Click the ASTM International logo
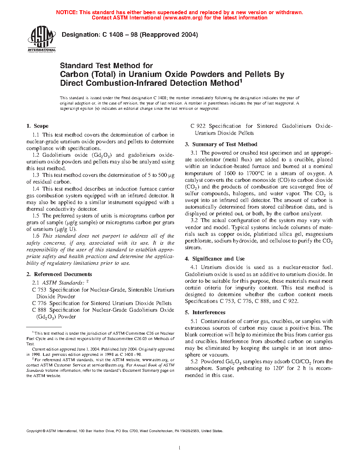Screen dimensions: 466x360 [42, 40]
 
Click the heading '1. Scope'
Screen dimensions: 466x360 [37, 126]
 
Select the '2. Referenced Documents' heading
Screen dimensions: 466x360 [59, 274]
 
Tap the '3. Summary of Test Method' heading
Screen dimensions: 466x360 [221, 144]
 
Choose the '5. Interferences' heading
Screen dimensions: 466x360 [205, 312]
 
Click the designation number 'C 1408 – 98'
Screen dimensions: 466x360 [120, 35]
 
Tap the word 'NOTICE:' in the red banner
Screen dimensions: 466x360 [67, 12]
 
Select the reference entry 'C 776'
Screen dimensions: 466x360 [39, 303]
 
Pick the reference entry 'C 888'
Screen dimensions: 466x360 [39, 310]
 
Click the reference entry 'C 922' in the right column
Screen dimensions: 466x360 [198, 126]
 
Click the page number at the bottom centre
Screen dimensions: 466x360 [180, 448]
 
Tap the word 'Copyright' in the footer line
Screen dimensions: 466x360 [34, 431]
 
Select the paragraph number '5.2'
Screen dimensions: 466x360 [194, 362]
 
